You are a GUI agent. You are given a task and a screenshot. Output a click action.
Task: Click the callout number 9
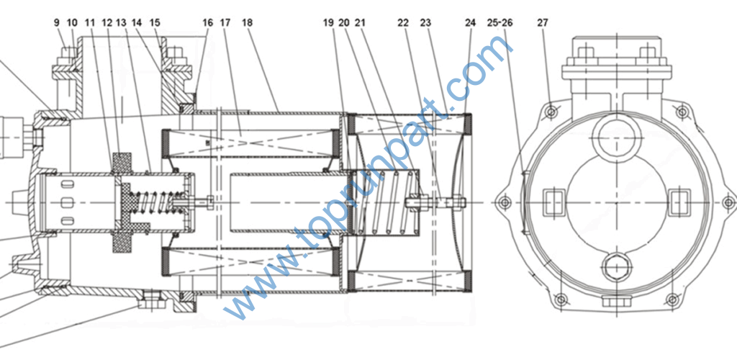point(57,22)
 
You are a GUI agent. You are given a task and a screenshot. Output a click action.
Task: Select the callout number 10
point(72,22)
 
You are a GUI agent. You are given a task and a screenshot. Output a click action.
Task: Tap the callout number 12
point(107,22)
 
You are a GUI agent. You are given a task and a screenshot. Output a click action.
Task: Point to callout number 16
point(208,22)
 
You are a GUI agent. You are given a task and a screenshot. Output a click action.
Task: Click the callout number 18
point(248,22)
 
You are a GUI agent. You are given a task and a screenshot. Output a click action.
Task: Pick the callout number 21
point(360,22)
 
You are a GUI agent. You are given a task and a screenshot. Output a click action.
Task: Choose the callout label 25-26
point(499,22)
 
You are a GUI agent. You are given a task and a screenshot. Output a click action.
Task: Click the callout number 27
point(543,22)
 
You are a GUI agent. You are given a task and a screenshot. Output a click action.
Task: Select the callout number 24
point(470,22)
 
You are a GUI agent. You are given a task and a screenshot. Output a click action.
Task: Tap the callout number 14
point(137,22)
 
